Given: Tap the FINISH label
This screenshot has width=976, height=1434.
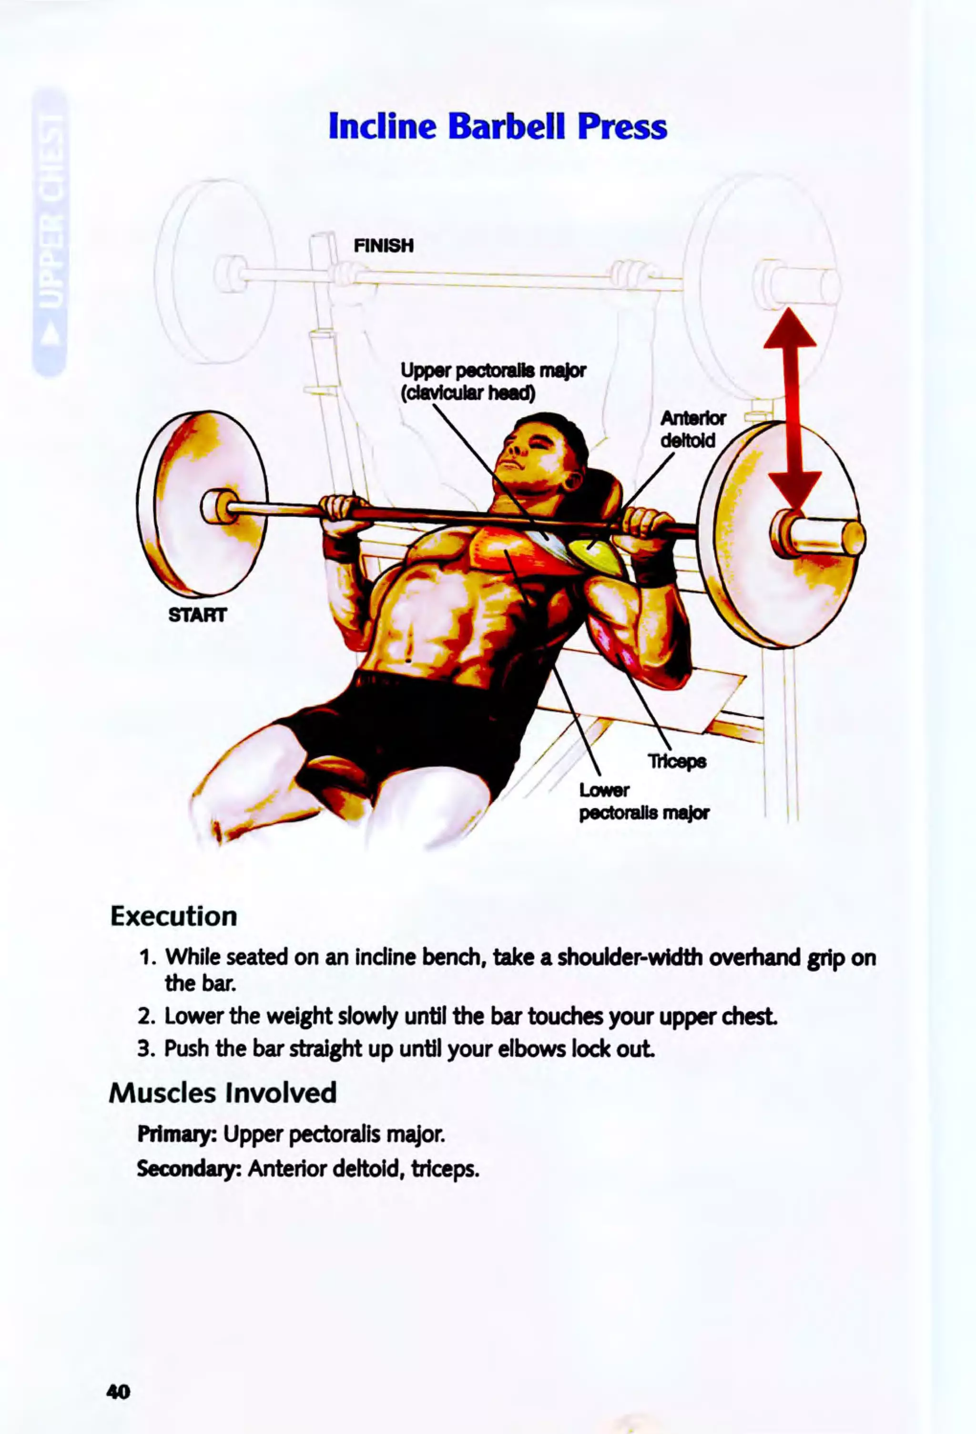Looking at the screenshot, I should click(383, 246).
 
